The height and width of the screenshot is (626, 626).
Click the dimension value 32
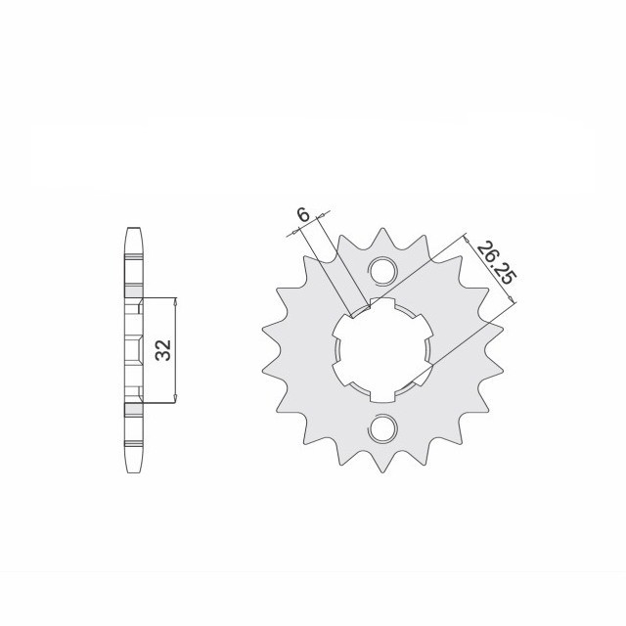point(163,350)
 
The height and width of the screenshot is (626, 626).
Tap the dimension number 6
point(303,215)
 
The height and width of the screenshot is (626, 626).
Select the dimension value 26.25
point(497,262)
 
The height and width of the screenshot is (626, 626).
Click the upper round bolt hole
point(382,271)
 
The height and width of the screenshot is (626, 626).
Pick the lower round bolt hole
point(382,428)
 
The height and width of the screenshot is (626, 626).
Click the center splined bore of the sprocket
point(382,350)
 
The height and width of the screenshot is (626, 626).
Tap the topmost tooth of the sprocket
point(382,236)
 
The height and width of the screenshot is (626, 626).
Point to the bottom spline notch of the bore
point(382,396)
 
